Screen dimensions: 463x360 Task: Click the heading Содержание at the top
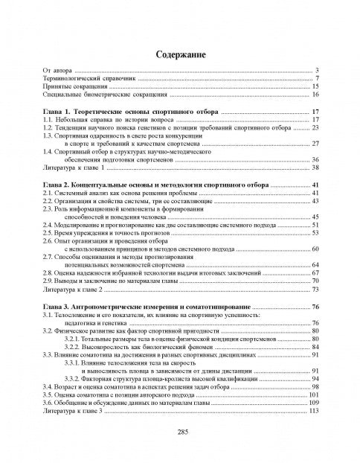click(179, 55)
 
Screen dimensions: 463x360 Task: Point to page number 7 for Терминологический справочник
click(317, 77)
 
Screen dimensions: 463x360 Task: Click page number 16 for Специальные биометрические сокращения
click(315, 95)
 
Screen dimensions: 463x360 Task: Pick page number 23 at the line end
click(315, 127)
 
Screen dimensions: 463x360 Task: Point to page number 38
click(315, 167)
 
